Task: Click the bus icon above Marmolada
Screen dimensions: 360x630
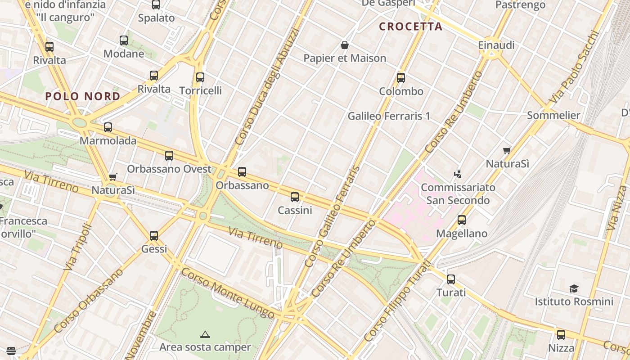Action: point(108,127)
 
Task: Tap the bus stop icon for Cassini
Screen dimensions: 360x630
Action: point(295,197)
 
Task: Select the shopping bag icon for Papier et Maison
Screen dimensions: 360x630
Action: point(345,45)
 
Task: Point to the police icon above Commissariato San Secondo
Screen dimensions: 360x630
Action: point(458,174)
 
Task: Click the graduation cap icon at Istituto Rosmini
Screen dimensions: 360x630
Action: point(574,288)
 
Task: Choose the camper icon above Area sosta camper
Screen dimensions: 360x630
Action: point(205,334)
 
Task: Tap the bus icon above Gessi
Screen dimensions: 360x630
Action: point(154,235)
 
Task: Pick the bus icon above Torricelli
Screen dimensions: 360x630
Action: point(200,77)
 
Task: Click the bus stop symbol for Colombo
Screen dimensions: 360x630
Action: point(401,78)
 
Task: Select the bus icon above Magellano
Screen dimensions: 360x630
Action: point(462,220)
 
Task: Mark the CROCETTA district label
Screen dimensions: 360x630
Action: point(411,27)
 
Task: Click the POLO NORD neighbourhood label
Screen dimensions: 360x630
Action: point(83,96)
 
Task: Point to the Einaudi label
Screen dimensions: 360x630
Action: point(496,45)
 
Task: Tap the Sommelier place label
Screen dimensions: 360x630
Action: point(553,115)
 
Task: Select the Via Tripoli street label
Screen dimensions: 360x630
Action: point(78,248)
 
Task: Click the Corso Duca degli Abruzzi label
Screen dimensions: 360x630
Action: point(267,86)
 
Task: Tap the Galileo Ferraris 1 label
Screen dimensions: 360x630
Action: point(389,116)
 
